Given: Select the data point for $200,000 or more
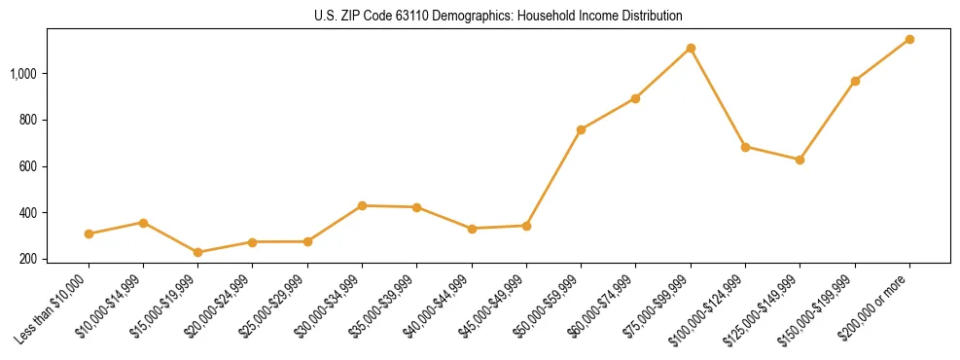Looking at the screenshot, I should tap(909, 39).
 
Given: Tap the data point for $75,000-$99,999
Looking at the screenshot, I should tap(691, 48).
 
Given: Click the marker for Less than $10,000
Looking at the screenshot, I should tap(89, 234).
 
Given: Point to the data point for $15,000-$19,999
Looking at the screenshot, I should tap(198, 252).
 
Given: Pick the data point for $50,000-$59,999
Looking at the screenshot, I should tap(581, 129).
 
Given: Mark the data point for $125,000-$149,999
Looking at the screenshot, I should tap(800, 160).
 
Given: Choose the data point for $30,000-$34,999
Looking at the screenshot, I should tap(362, 205).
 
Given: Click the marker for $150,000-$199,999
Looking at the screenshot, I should tap(855, 81).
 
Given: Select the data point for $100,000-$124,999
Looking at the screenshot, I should tap(745, 147).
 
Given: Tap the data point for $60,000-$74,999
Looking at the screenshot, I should tap(635, 98).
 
